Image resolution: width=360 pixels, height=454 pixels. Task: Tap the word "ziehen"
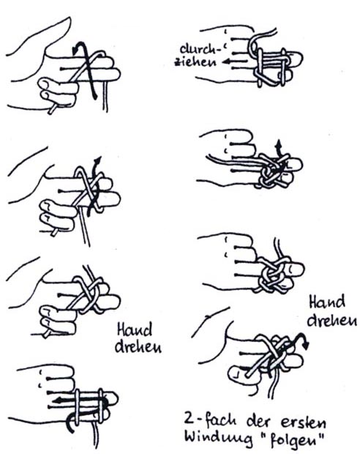coord(195,62)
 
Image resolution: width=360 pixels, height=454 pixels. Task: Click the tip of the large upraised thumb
coord(69,19)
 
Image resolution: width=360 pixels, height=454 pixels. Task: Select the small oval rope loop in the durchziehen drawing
coord(254,45)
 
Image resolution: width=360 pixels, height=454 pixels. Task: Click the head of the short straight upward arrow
coord(279,143)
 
